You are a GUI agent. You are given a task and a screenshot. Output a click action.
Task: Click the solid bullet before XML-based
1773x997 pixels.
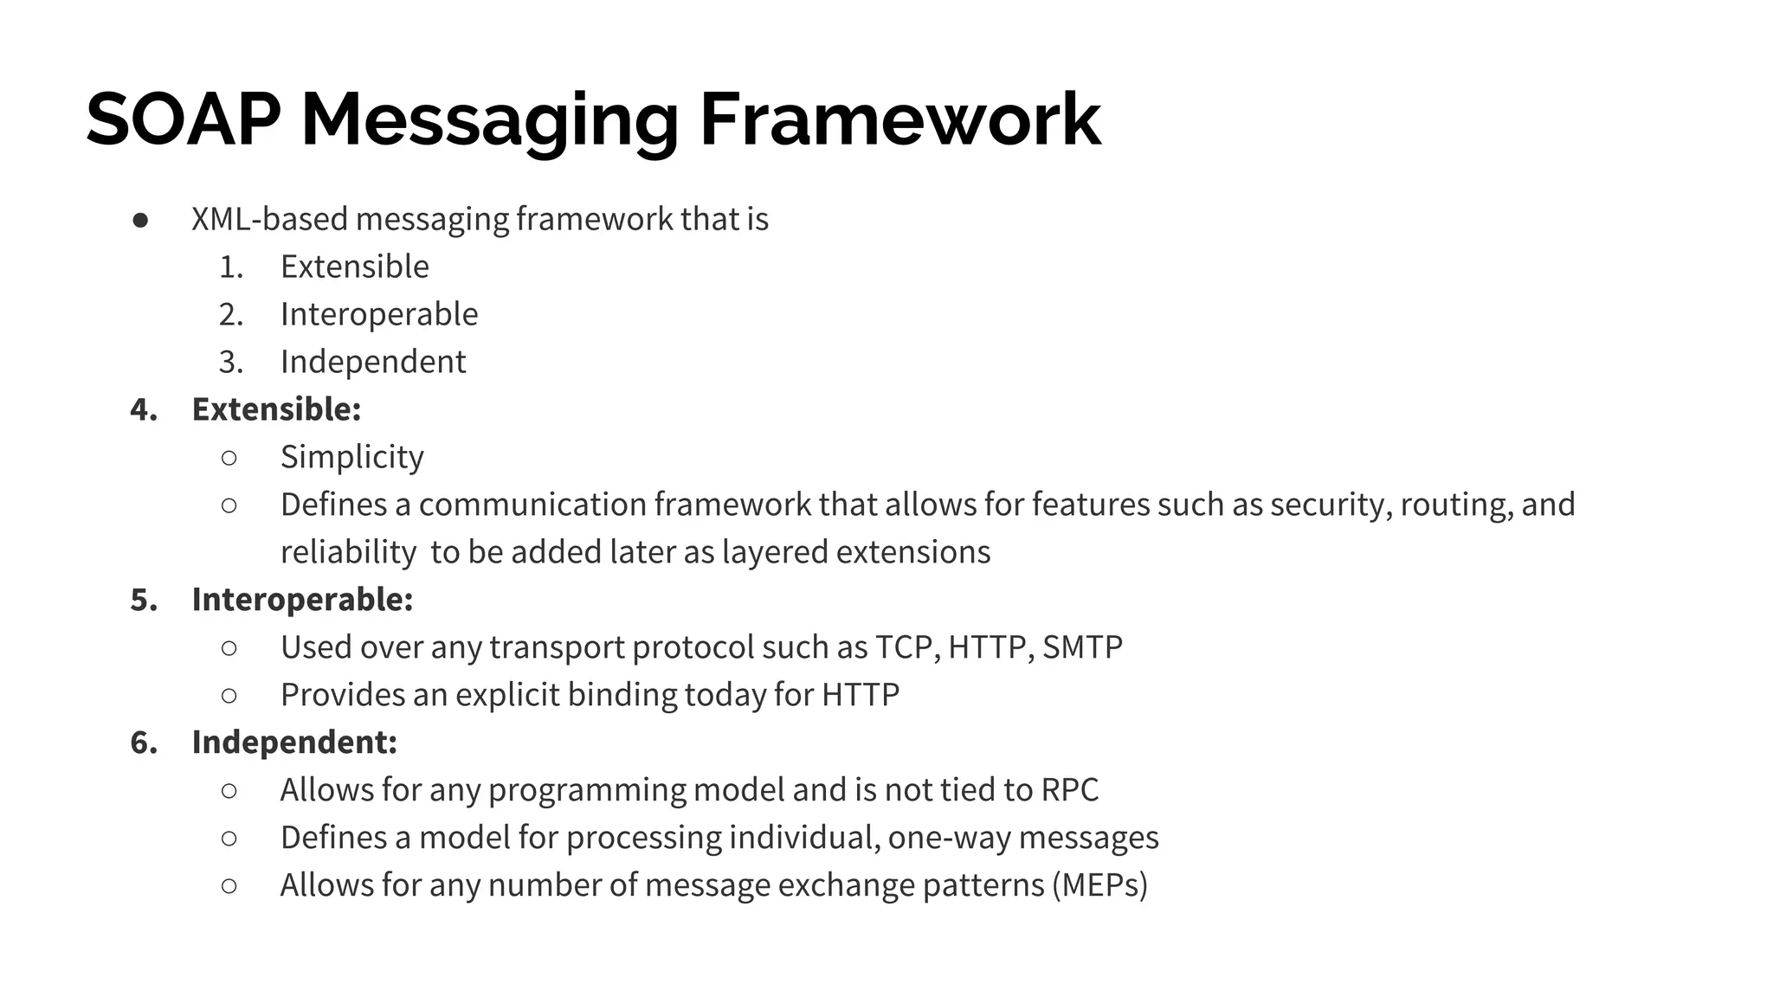(140, 221)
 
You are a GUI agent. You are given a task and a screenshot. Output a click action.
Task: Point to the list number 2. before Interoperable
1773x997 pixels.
(230, 314)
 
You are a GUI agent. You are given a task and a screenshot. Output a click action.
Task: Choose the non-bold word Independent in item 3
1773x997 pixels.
(373, 362)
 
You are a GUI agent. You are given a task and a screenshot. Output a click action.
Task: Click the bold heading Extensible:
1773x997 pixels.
(276, 409)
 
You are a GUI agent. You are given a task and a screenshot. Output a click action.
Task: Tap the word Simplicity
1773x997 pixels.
(351, 457)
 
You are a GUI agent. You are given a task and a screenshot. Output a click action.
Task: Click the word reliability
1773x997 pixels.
(348, 552)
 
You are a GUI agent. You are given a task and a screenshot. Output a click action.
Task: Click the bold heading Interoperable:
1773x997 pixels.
(302, 600)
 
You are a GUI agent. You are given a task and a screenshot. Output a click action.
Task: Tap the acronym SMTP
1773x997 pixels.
(1082, 647)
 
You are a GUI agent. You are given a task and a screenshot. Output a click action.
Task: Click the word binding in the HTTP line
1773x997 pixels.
(622, 695)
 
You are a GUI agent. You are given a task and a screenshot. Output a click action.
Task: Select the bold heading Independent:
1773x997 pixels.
(294, 743)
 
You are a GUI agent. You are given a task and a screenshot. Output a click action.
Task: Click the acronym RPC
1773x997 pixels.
(1069, 790)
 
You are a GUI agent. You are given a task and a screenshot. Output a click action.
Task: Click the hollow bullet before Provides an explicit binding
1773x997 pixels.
(229, 696)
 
